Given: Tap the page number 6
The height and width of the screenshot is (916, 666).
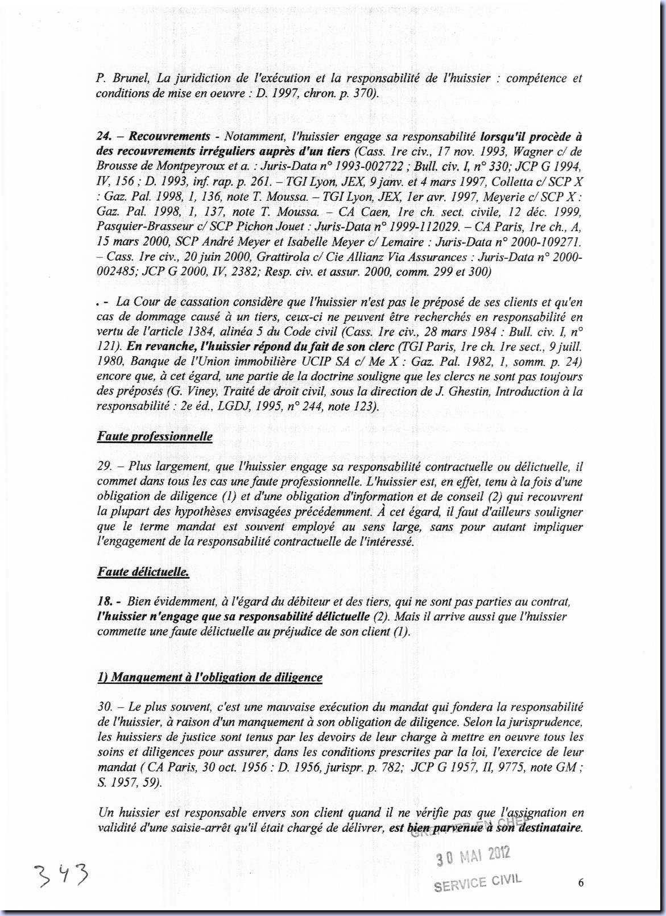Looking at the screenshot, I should click(x=580, y=882).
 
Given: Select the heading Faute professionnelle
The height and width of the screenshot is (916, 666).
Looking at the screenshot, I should click(x=155, y=436).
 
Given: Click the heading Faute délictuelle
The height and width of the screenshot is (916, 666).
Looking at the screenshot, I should click(x=143, y=572).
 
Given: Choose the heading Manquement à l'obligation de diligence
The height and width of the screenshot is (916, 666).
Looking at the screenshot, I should click(x=210, y=677).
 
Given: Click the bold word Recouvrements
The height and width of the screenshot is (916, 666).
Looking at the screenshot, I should click(x=169, y=137).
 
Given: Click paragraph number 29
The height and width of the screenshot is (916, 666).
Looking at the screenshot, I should click(x=104, y=467).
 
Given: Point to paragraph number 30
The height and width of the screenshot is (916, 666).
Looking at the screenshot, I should click(x=105, y=707).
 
